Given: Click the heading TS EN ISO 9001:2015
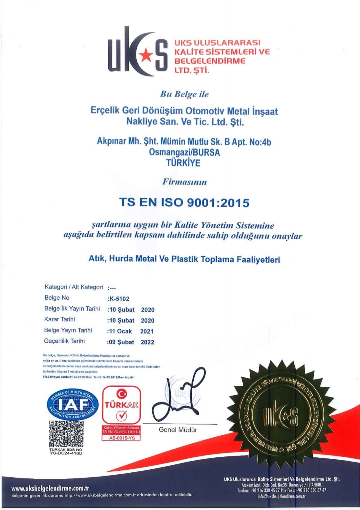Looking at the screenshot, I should [184, 202].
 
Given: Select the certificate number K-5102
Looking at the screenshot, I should [119, 299].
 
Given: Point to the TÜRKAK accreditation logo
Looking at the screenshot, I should [121, 405].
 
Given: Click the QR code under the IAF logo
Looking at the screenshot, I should [66, 433].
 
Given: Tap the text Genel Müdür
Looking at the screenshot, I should [178, 430].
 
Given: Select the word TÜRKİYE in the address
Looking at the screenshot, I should [183, 163].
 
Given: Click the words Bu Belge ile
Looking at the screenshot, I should [184, 94].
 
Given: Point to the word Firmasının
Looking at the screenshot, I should [184, 182].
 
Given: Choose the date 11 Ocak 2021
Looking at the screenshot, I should [130, 331].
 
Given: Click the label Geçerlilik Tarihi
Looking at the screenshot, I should [64, 341].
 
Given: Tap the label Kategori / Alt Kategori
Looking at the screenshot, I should [74, 287].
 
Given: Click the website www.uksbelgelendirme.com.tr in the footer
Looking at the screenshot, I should [50, 488].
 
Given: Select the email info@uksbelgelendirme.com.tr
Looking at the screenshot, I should [282, 496].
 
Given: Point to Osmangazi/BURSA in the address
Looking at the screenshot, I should [184, 152].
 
